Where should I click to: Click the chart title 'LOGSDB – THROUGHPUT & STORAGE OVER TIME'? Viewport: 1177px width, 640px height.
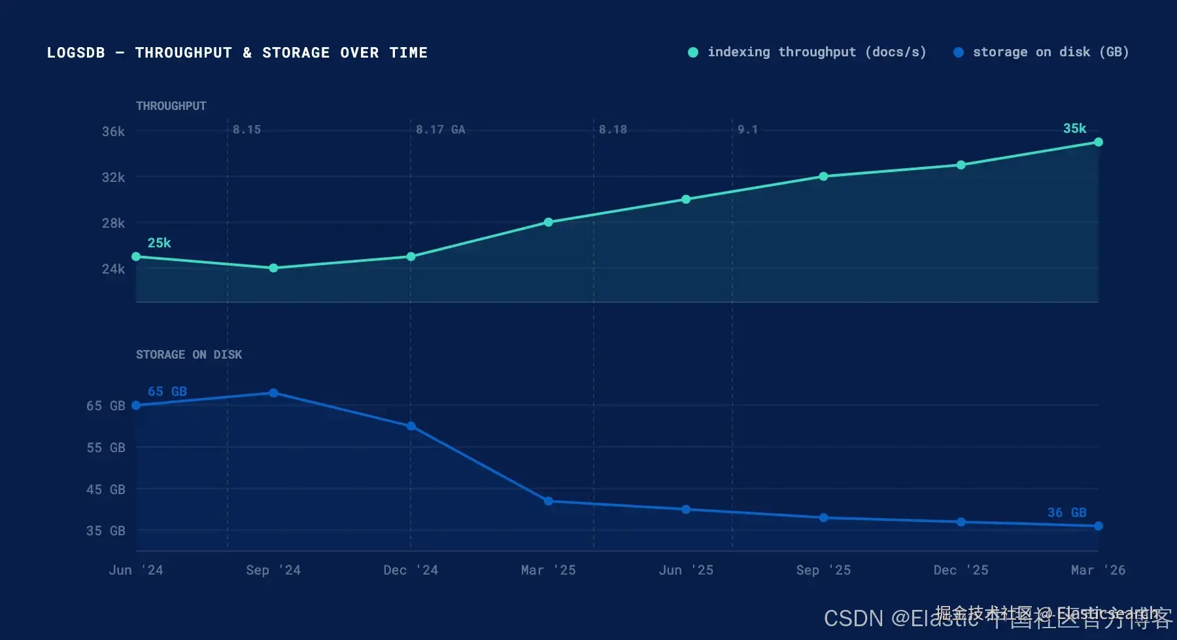[237, 52]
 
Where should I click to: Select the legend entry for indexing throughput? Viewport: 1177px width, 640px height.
[808, 52]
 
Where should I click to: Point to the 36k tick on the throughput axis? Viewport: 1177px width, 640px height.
[113, 132]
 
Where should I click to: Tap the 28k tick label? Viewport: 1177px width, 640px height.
[113, 223]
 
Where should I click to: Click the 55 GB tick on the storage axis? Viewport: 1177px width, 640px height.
[106, 448]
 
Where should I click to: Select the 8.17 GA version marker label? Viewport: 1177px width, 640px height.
[440, 130]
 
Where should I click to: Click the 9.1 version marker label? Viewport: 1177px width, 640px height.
[747, 130]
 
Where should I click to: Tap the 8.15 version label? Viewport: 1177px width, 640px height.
[247, 130]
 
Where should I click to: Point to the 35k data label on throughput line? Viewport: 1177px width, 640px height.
[1074, 128]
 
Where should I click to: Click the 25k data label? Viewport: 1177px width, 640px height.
[159, 243]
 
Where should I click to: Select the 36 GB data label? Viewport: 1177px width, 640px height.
[1066, 512]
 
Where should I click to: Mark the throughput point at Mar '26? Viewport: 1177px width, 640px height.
[1099, 142]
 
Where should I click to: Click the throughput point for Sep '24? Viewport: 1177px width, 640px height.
[273, 268]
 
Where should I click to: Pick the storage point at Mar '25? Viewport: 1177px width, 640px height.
[549, 501]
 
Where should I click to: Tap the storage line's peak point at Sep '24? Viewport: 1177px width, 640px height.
[273, 393]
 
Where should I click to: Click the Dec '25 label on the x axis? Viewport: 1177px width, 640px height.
[961, 570]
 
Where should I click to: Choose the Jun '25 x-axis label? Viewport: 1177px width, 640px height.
[686, 570]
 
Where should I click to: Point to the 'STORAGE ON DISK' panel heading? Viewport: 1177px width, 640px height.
[189, 355]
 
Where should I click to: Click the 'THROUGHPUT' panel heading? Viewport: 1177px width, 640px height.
[171, 106]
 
